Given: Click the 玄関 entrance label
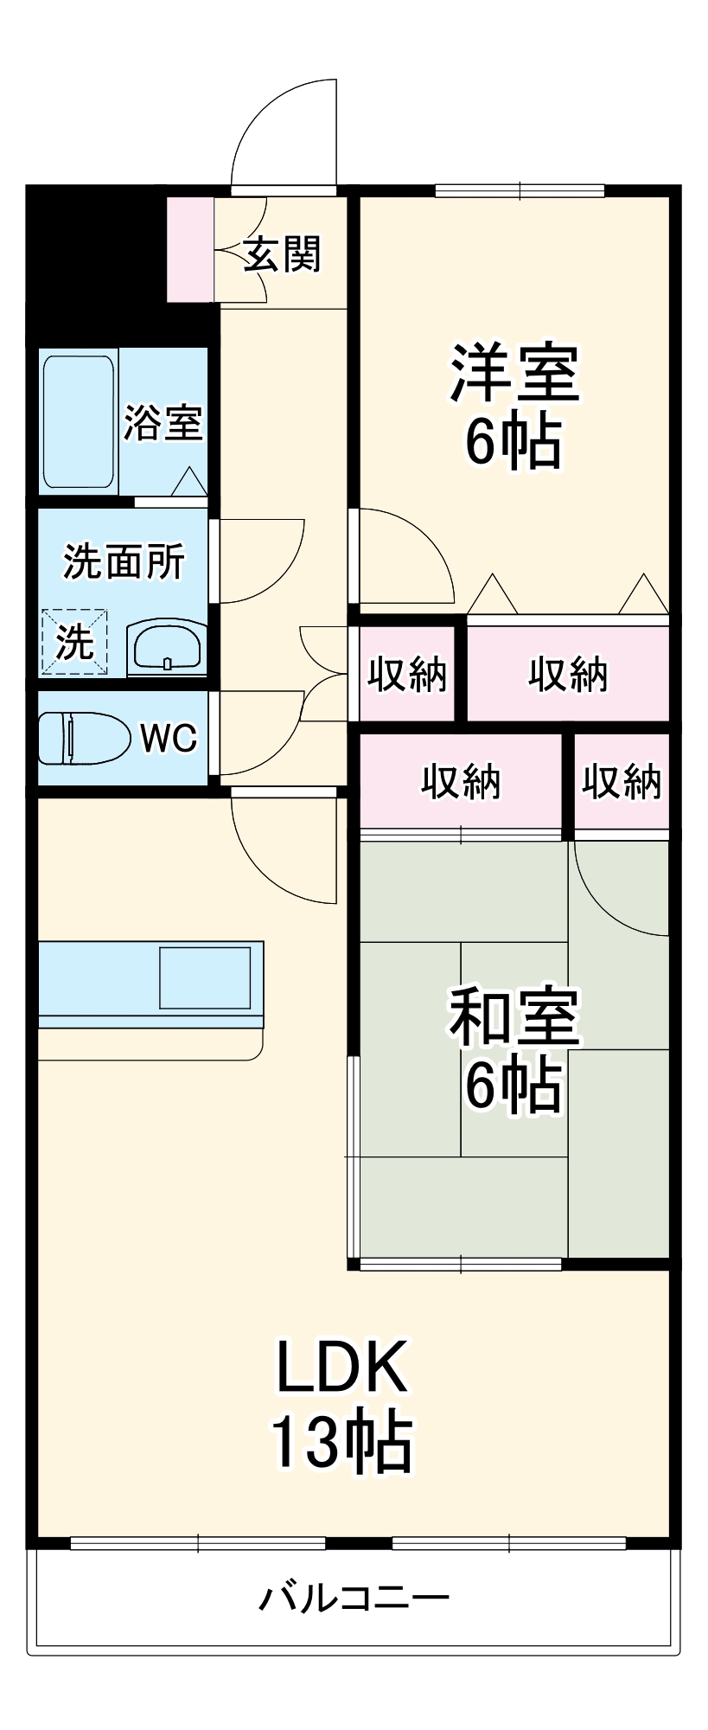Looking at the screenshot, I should click(282, 253).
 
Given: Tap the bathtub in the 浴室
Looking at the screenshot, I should click(78, 421).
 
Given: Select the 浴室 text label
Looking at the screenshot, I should click(163, 422).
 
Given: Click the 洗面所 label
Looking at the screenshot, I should click(124, 561).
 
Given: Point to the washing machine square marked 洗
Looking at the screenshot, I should click(74, 642).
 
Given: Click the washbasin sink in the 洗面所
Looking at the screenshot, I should click(167, 647).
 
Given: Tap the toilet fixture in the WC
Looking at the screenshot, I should click(82, 738).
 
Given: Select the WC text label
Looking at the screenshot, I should click(169, 738).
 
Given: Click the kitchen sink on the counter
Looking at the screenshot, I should click(205, 977).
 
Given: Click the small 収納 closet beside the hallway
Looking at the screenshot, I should click(406, 674).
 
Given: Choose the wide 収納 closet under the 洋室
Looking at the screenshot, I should click(568, 674).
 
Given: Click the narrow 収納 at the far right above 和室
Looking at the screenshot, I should click(621, 782).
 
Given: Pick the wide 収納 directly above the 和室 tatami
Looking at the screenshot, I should click(461, 782).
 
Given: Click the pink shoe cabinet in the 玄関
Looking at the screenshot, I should click(189, 249).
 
